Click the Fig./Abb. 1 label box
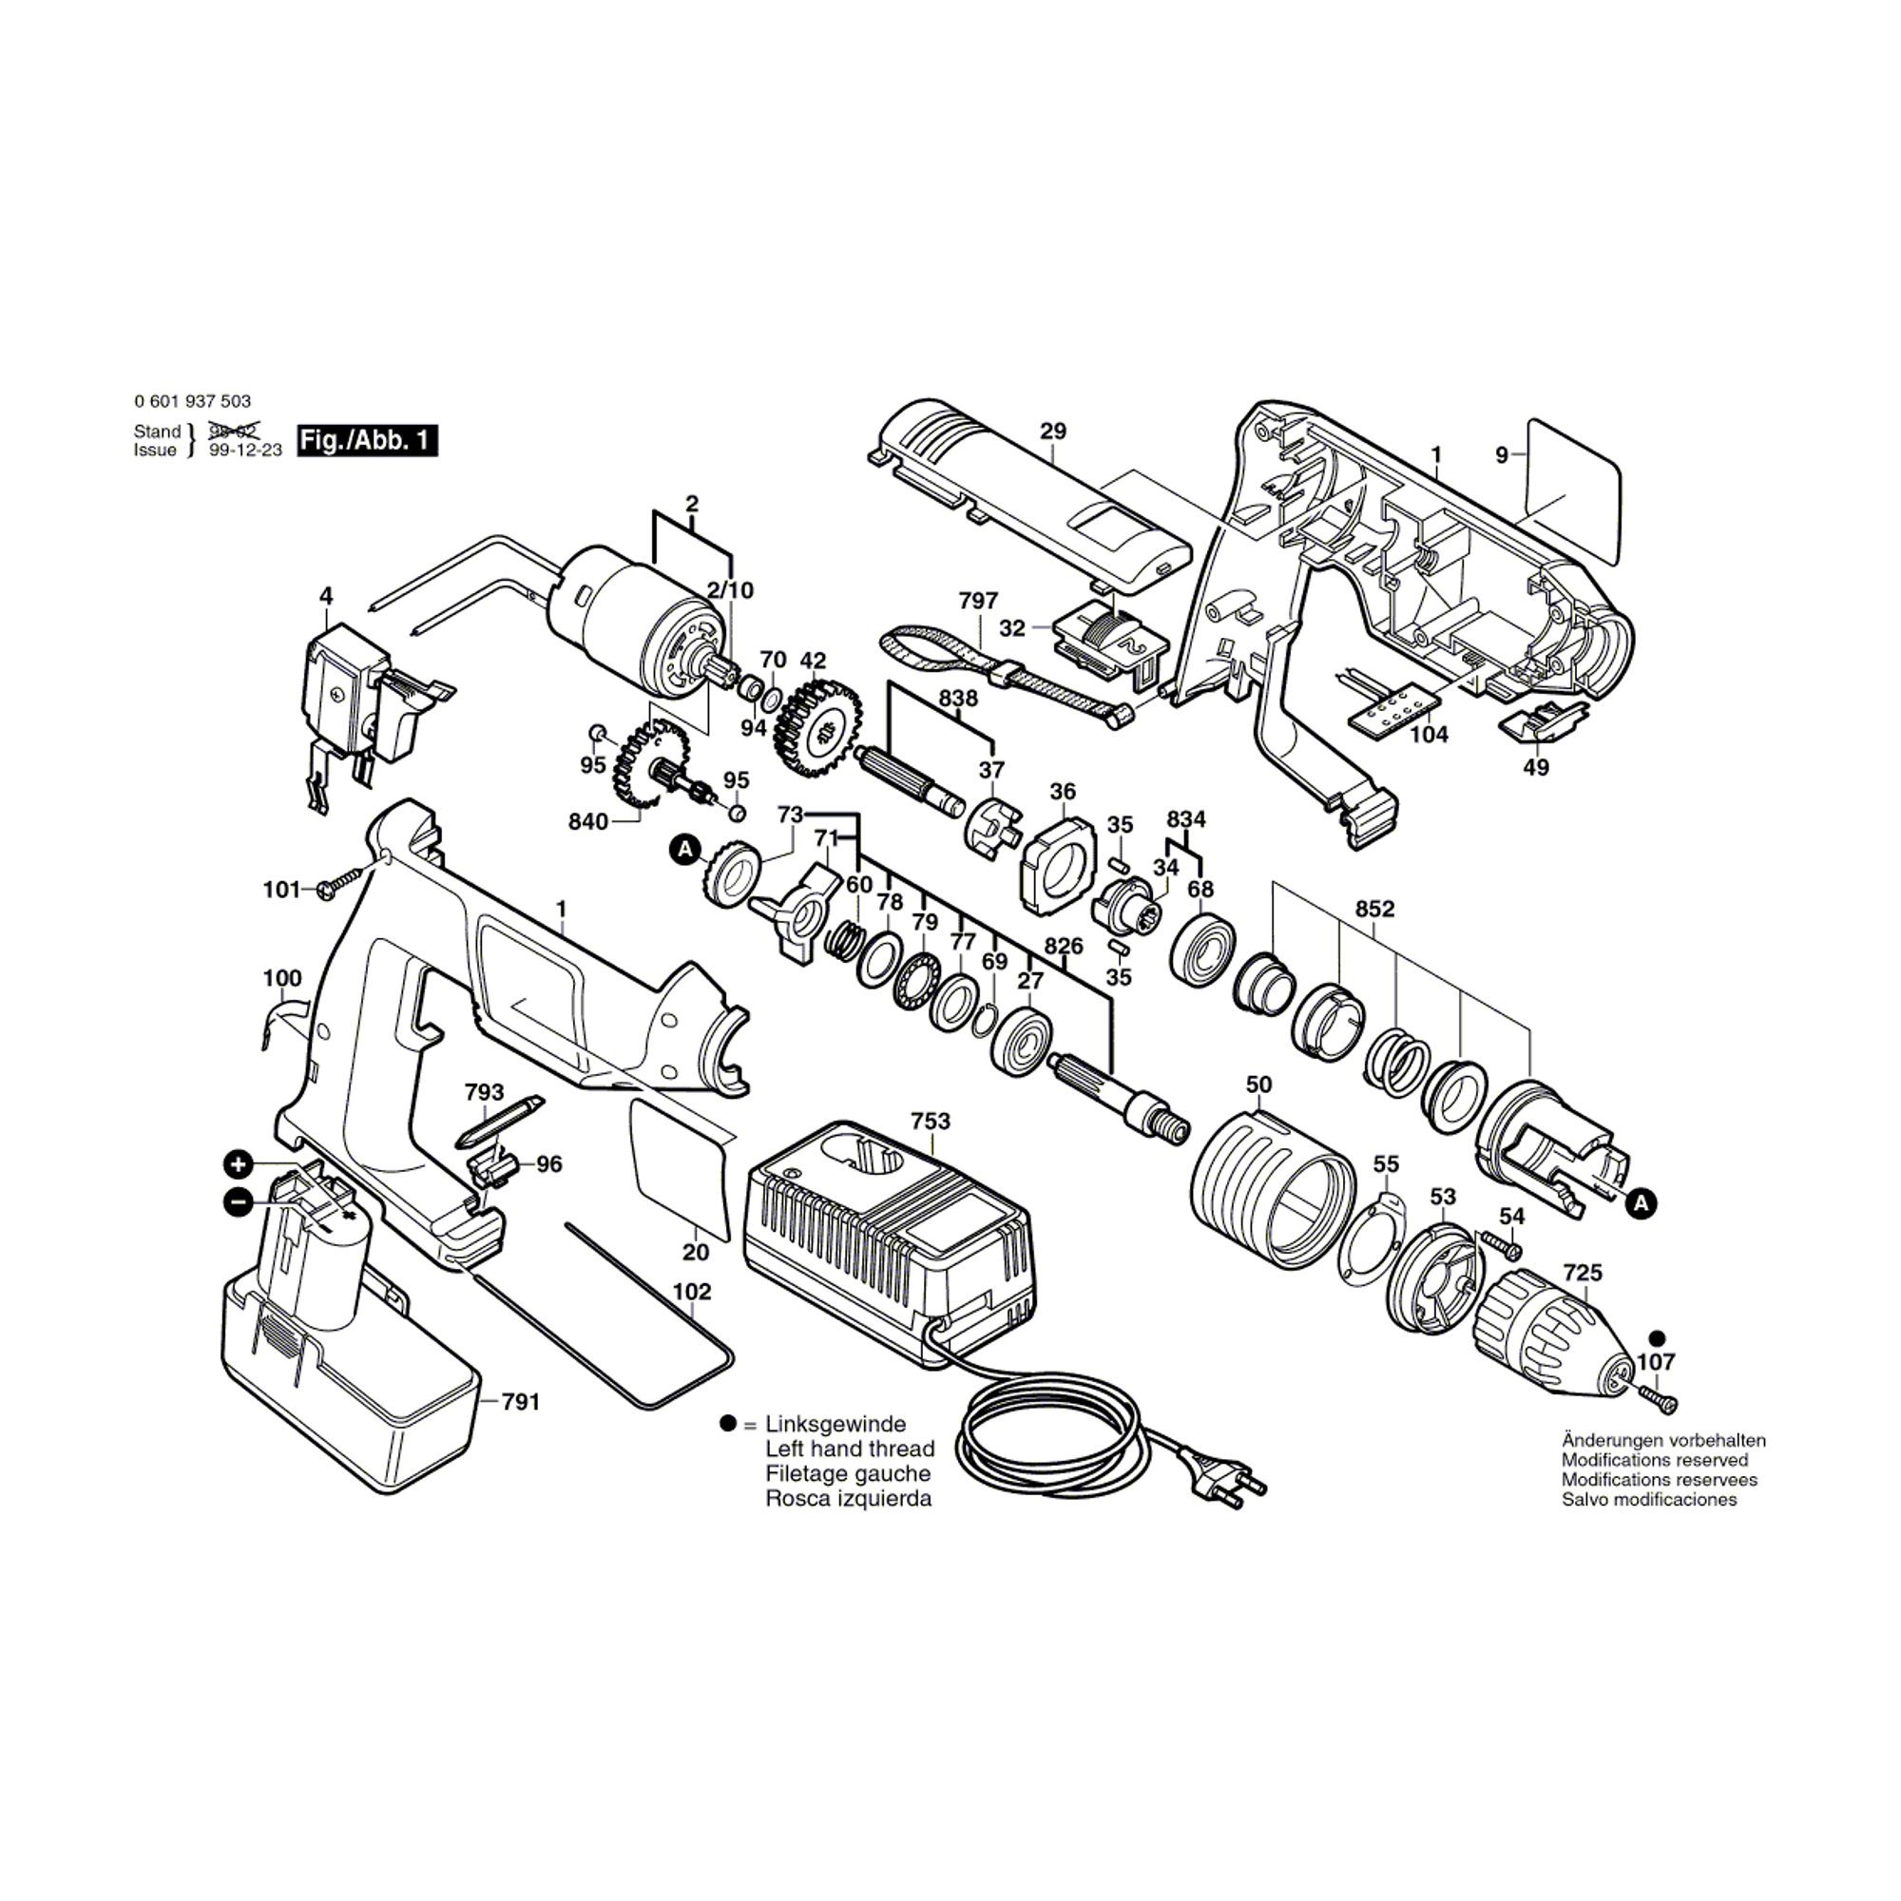(367, 440)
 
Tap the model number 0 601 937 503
(192, 401)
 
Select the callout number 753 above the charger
(930, 1121)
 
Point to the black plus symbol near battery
(237, 1165)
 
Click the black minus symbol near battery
(237, 1201)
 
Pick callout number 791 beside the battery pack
(521, 1401)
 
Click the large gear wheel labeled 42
(817, 727)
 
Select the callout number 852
(1374, 908)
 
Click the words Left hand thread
(849, 1449)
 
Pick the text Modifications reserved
(1654, 1459)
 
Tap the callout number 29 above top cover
(1052, 431)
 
